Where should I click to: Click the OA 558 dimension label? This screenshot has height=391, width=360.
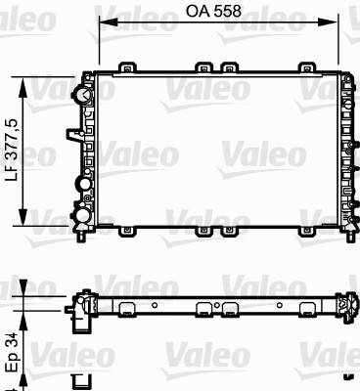[x=213, y=11]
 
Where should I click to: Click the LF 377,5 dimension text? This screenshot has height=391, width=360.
[x=15, y=150]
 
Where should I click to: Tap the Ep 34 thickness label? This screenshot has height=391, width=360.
[x=14, y=353]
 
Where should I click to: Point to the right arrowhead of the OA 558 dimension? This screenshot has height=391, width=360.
[x=329, y=22]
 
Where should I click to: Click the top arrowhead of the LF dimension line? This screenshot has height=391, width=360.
[x=22, y=87]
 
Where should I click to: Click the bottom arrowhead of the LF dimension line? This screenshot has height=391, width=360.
[x=22, y=216]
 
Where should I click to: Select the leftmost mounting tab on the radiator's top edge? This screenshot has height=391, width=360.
[x=126, y=66]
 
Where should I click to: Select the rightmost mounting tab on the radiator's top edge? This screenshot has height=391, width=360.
[x=306, y=66]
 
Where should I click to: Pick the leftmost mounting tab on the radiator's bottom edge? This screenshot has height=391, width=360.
[x=126, y=232]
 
